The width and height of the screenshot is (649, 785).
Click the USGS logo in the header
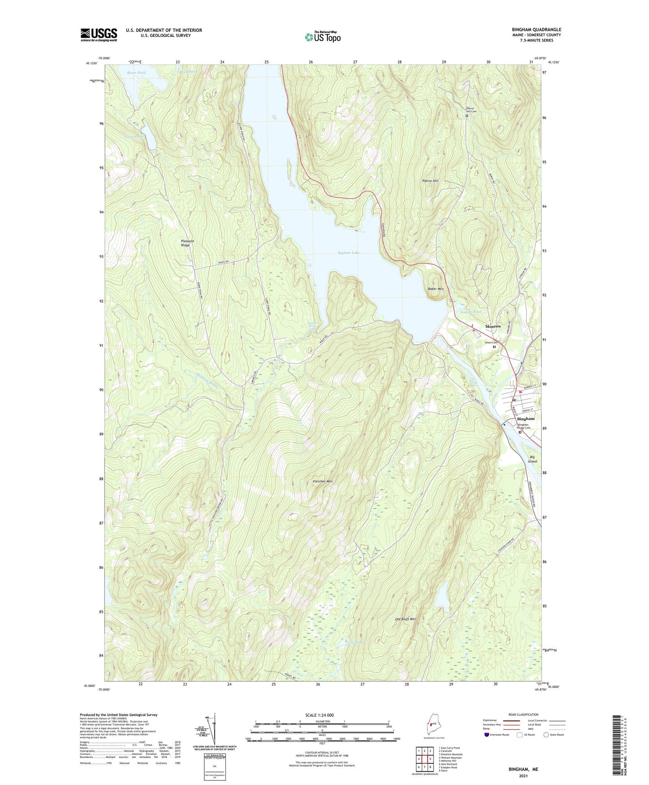tap(99, 35)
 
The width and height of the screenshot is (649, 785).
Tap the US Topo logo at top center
tap(322, 36)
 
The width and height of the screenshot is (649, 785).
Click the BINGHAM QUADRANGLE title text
tap(536, 30)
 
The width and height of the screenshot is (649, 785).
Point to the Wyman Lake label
tap(349, 253)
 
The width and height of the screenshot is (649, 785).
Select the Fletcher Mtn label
tap(322, 482)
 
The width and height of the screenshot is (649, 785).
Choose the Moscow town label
tap(493, 326)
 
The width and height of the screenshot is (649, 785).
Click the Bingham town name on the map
tap(526, 419)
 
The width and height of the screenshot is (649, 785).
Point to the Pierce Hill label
tap(430, 181)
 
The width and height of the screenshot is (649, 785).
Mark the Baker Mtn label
tap(436, 289)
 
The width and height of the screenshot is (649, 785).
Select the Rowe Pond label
tap(136, 72)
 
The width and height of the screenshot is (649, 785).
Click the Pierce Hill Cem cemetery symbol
tap(467, 116)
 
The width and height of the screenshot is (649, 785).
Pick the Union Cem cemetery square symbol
tap(494, 347)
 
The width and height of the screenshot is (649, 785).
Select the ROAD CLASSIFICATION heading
tap(523, 714)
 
